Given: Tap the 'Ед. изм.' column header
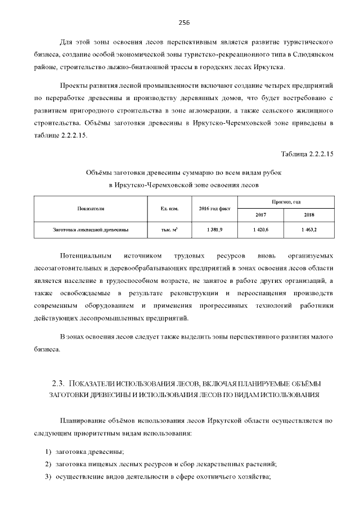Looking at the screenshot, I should tap(169, 209).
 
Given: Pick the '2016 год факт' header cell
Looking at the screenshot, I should tap(215, 209).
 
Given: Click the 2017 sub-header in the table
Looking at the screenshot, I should tap(261, 215).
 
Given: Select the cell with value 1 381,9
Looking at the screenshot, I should tap(215, 230).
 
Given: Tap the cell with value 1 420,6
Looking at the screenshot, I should tap(261, 230).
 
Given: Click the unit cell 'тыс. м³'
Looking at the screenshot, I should tap(169, 230).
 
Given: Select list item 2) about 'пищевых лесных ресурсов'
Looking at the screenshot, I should tap(165, 465).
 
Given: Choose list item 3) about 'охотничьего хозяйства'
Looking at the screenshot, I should tap(163, 477).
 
